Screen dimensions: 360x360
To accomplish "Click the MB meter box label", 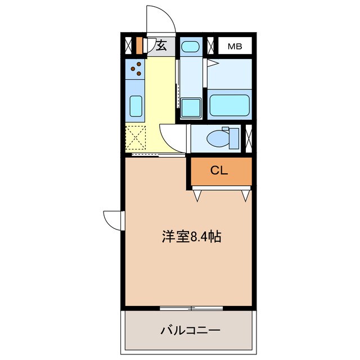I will [235, 46].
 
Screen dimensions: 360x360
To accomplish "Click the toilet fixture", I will [220, 138].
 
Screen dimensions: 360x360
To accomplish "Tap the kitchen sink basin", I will [136, 105].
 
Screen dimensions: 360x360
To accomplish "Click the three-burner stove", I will [136, 69].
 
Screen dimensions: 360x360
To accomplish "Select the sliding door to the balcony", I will [191, 308].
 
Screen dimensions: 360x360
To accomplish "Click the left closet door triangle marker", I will [197, 195].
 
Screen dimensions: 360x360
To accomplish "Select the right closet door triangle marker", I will [245, 195].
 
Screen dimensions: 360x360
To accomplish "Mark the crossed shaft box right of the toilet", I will [249, 138].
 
